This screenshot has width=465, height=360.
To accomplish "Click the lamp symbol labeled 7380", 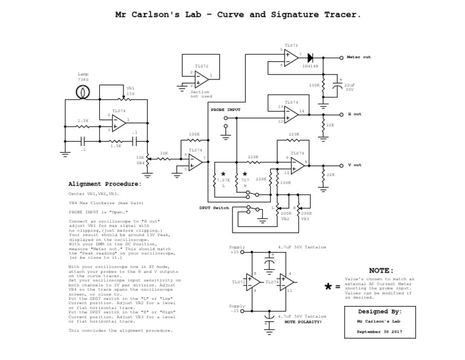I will coord(82,93).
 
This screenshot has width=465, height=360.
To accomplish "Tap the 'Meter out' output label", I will coord(358,57).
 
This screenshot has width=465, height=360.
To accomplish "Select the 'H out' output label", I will coord(354,114).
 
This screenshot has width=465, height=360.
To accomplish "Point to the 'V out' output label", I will coord(354,165).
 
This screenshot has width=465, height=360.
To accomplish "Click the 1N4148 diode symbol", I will coord(311,58).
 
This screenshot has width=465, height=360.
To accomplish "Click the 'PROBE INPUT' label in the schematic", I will coord(225,110).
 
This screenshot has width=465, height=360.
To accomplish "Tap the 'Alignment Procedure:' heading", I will coord(105,183).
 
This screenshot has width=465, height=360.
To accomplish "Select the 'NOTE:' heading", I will coord(381,270).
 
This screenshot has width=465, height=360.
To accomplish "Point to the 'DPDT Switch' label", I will coord(214,208).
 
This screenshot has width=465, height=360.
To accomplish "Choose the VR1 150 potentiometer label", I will coord(130,91).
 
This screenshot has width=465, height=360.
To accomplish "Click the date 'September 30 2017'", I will coord(380,332).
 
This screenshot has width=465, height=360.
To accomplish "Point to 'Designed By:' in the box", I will coord(380,310).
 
